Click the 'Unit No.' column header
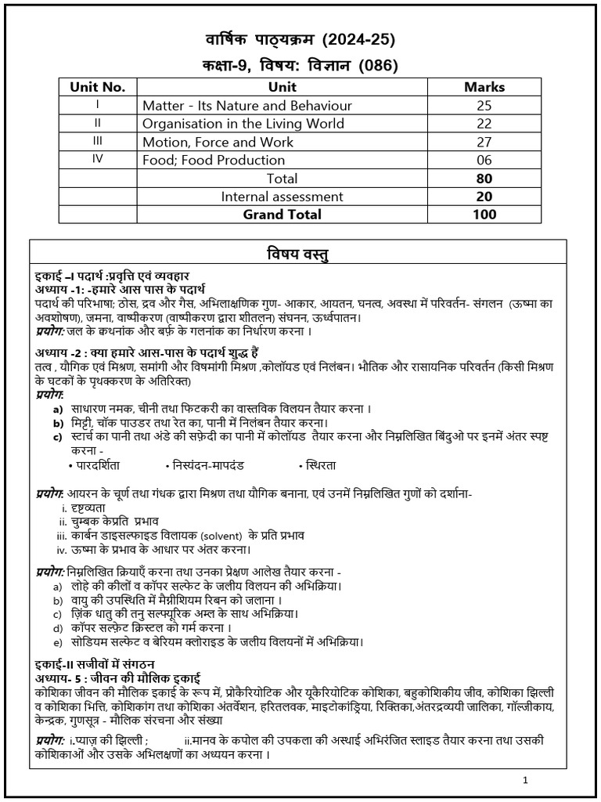[x=98, y=87]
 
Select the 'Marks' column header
[x=484, y=87]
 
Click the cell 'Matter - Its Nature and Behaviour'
[x=247, y=105]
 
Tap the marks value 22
[x=484, y=123]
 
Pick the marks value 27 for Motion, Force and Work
[x=484, y=142]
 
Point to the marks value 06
[x=484, y=160]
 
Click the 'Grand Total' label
[x=282, y=214]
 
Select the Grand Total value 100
[x=484, y=214]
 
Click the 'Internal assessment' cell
[x=282, y=196]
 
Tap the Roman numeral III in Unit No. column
[x=98, y=142]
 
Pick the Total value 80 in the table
[x=484, y=178]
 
